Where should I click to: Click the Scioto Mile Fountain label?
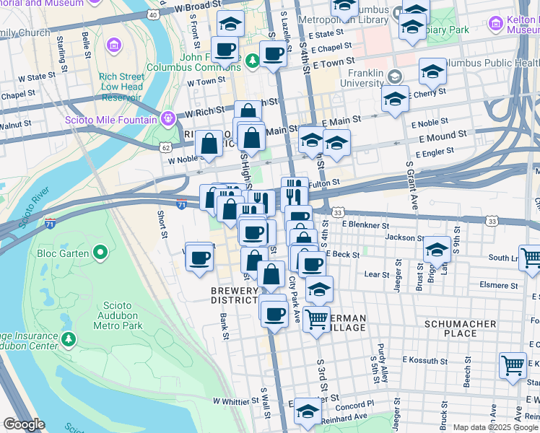coord(111,120)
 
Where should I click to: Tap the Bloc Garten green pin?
coord(100,253)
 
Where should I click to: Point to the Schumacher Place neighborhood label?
coord(460,329)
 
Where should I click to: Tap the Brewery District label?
coord(234,295)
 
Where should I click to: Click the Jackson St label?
coord(404,237)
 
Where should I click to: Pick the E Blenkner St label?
coord(365,224)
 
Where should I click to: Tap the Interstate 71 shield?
coord(51,224)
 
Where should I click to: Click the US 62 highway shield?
coord(167,146)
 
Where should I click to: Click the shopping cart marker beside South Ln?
coord(529,257)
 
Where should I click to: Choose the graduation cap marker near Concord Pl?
coord(308,411)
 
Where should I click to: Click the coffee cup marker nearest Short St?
coord(199,256)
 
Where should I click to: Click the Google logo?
coord(23,424)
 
